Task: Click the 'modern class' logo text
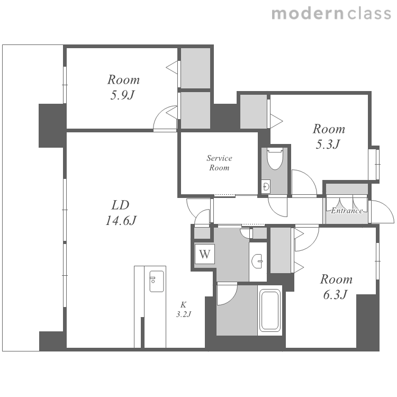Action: coord(331,13)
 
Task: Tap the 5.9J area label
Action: coord(122,95)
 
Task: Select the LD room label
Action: coord(121,205)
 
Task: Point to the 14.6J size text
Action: coord(121,220)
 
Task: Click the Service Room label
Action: coord(219,163)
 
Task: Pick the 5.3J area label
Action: coord(328,145)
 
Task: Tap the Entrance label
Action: coord(347,211)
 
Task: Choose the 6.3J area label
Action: coord(335,294)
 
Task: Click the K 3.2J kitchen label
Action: coord(184,310)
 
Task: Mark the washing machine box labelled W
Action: coord(205,254)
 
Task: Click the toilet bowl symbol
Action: coord(275,159)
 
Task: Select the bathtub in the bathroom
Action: coord(270,311)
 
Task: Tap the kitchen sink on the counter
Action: coord(157,281)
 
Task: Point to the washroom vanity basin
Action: coord(257,261)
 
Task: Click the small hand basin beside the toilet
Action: coord(266,187)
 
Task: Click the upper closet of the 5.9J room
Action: coord(195,68)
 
